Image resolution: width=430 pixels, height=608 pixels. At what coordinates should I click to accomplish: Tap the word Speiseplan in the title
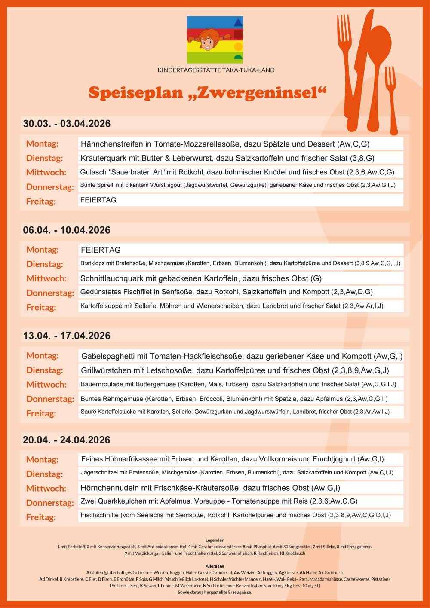click(135, 92)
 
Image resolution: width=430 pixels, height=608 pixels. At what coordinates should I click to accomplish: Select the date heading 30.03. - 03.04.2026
click(67, 124)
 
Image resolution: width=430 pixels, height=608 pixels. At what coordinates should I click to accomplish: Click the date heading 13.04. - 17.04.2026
click(67, 336)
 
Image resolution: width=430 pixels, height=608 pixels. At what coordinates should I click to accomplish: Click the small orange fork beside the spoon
click(391, 99)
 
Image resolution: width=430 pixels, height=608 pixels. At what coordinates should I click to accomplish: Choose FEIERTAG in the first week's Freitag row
click(98, 200)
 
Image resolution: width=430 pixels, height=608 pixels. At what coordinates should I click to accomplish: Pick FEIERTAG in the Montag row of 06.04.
click(101, 250)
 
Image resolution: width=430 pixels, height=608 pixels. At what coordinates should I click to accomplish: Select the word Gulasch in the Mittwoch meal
click(93, 172)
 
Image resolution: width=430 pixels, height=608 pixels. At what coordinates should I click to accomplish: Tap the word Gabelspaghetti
click(108, 356)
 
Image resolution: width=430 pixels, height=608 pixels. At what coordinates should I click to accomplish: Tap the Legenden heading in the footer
click(215, 540)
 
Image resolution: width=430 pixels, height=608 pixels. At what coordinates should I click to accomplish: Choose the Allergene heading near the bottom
click(215, 566)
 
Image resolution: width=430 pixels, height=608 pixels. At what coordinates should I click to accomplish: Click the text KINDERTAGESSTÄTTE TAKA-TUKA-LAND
click(216, 70)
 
